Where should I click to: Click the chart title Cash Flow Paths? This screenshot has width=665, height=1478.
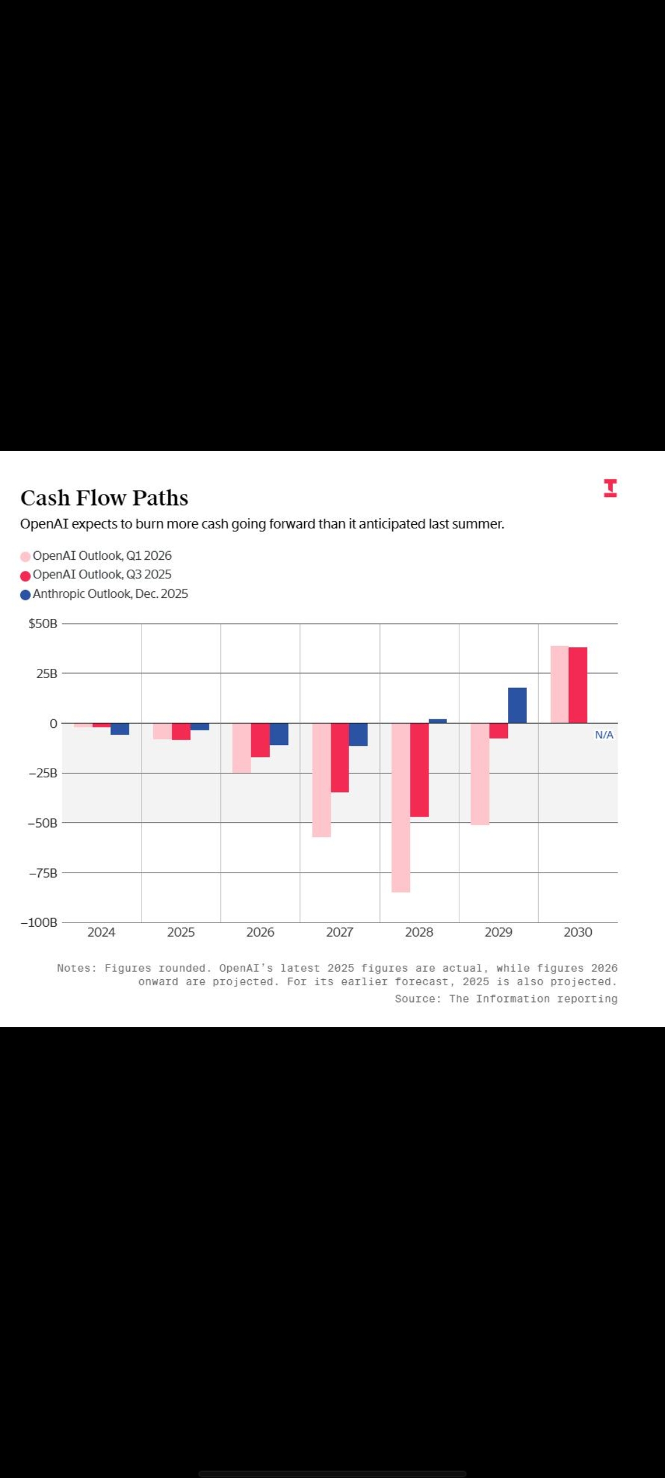pos(104,498)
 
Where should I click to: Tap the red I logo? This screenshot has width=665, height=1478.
pos(610,488)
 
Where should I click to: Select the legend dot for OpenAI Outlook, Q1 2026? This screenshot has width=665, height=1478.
pos(25,557)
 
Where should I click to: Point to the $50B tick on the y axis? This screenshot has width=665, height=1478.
pos(42,624)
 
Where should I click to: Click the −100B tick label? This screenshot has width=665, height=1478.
pos(39,923)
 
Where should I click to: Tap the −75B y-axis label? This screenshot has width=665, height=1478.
pos(42,873)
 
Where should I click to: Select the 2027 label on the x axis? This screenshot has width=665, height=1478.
pos(339,932)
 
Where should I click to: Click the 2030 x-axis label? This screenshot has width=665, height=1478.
pos(578,932)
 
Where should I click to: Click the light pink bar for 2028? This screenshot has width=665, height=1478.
pos(401,807)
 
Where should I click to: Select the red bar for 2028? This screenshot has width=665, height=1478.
pos(419,770)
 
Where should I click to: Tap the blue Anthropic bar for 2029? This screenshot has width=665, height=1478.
pos(517,705)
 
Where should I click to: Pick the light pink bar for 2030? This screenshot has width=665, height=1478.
pos(559,684)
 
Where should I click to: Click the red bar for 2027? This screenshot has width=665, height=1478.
pos(340,757)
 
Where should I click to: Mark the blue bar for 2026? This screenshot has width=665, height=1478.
pos(279,734)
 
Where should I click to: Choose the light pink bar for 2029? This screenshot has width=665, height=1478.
pos(480,773)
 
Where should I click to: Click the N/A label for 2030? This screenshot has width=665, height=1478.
pos(604,735)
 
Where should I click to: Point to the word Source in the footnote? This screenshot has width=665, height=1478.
pos(416,999)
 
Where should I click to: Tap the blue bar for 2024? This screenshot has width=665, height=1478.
pos(120,729)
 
